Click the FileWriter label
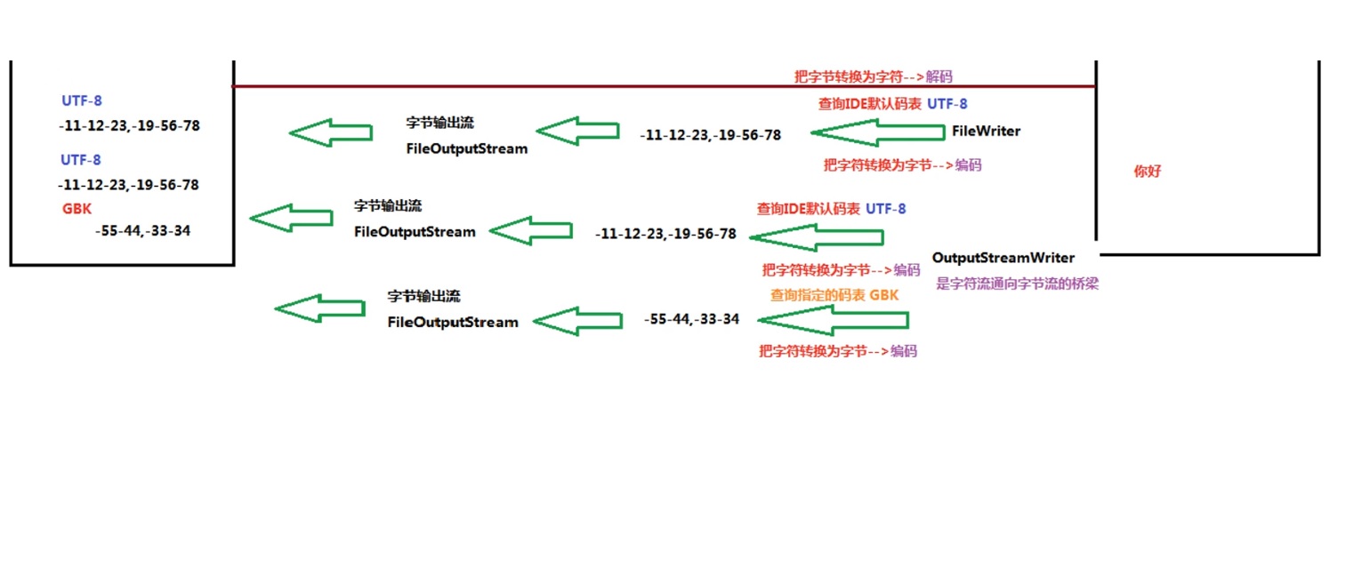click(986, 132)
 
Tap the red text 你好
click(1147, 172)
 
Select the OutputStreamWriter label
click(1003, 258)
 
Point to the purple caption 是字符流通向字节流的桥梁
click(1017, 284)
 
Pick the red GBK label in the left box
click(77, 209)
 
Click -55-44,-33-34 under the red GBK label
click(142, 231)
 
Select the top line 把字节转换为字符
click(849, 77)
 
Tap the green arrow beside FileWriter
click(878, 132)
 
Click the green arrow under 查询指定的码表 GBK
click(832, 320)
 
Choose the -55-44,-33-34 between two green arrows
click(691, 319)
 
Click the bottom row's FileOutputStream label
click(453, 322)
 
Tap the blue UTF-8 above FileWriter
click(947, 104)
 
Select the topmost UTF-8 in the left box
click(82, 100)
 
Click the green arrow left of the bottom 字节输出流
click(319, 308)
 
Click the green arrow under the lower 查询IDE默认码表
click(816, 237)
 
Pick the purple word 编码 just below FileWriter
click(968, 165)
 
